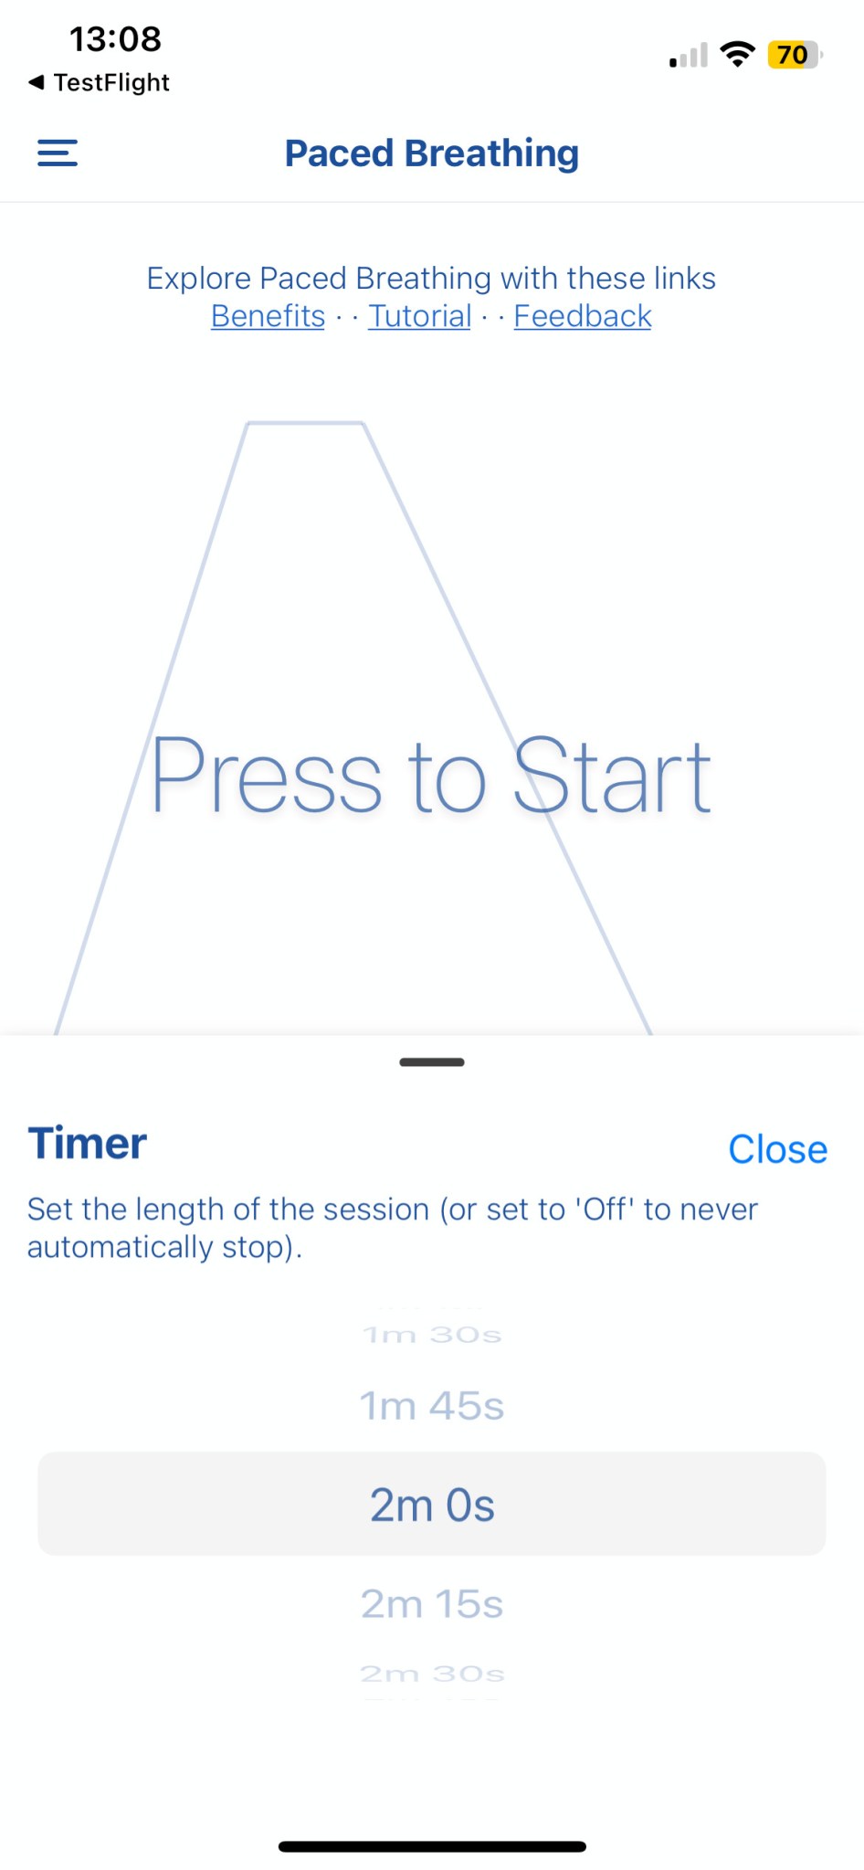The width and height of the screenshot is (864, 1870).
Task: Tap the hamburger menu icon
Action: click(x=58, y=153)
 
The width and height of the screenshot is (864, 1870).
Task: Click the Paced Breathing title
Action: click(x=432, y=153)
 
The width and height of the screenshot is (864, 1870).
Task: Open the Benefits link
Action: click(x=268, y=316)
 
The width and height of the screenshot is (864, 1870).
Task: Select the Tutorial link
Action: click(x=420, y=316)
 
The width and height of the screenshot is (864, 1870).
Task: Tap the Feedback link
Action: click(x=583, y=316)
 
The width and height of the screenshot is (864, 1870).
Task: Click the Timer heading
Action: click(x=88, y=1144)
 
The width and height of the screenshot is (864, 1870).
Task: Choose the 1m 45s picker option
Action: click(x=432, y=1406)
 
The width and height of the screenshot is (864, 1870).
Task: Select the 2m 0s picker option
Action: click(x=432, y=1505)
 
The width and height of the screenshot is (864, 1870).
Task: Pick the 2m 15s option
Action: click(x=432, y=1604)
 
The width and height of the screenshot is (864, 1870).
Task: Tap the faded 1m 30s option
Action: click(x=432, y=1335)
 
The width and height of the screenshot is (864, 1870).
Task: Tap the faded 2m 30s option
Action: click(x=432, y=1674)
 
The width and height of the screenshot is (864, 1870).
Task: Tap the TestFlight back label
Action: click(x=100, y=82)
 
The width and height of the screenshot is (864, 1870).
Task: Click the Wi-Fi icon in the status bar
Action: click(x=737, y=55)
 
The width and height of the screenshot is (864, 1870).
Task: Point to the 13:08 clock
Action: click(x=116, y=39)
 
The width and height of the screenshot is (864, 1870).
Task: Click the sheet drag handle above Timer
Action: click(x=432, y=1062)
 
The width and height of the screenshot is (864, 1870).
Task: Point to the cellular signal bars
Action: click(x=689, y=56)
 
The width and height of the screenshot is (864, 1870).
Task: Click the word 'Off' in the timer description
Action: click(x=604, y=1210)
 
